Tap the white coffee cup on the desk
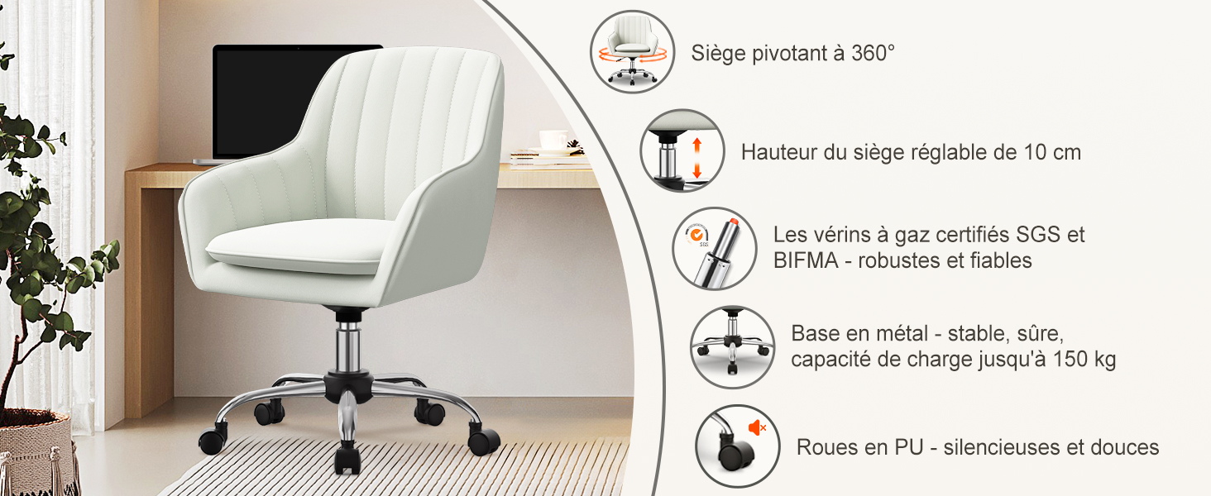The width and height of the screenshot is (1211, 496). tap(553, 140)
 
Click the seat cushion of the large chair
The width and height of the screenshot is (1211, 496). tap(300, 246)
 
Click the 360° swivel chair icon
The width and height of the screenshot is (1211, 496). tap(632, 52)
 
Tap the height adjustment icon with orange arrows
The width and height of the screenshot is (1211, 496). tap(682, 150)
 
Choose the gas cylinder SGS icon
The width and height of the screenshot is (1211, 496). tap(714, 249)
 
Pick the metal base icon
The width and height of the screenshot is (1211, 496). tap(733, 347)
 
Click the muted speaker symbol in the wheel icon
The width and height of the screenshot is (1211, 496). tap(757, 428)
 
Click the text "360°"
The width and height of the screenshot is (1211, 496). tap(873, 53)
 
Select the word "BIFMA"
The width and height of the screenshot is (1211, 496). tap(806, 260)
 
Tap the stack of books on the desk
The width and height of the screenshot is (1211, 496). tap(549, 159)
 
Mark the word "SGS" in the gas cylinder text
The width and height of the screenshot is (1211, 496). tap(1038, 235)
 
